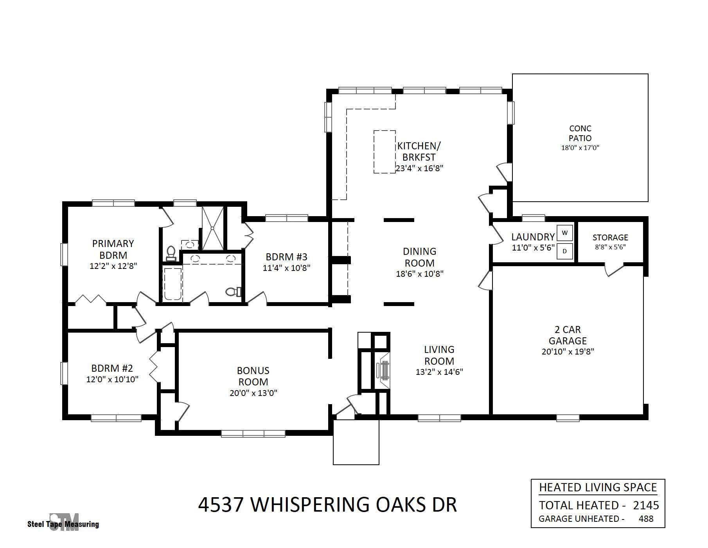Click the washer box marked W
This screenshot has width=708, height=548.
564,233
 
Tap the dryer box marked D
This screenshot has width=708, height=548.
564,251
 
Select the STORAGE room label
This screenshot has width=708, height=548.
610,237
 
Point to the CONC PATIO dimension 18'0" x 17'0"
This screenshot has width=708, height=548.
580,148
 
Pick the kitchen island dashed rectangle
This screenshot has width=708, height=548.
384,152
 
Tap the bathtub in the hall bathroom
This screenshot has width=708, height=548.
172,284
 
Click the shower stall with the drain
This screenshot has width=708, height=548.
213,228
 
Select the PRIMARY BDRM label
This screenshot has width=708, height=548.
113,249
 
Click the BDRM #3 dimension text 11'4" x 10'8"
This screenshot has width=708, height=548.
287,268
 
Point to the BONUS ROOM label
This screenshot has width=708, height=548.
253,376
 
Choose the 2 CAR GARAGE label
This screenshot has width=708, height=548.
568,335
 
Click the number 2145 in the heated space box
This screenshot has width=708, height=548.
646,505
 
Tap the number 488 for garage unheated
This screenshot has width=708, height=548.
646,519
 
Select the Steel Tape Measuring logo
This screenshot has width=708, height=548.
63,523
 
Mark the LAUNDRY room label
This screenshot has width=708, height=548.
533,237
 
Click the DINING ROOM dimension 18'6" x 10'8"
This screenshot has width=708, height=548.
420,274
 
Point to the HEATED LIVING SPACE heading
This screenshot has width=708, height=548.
598,487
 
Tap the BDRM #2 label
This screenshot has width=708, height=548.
112,368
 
